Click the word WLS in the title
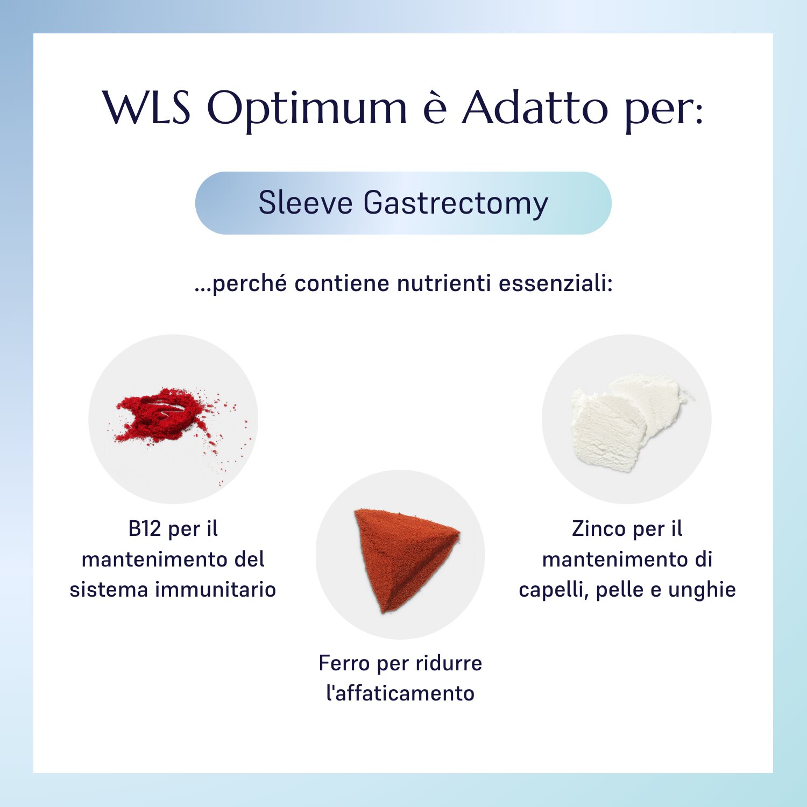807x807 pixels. pos(146,108)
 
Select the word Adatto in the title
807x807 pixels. pos(535,108)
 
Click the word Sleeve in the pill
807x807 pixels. pos(306,203)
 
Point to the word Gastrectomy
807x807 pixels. pos(456,204)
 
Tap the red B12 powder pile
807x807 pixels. pos(161,414)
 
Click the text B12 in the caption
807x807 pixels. pos(145,529)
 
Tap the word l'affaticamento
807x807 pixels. pos(400,693)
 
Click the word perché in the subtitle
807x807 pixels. pos(243,284)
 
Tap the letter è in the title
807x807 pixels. pos(435,108)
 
